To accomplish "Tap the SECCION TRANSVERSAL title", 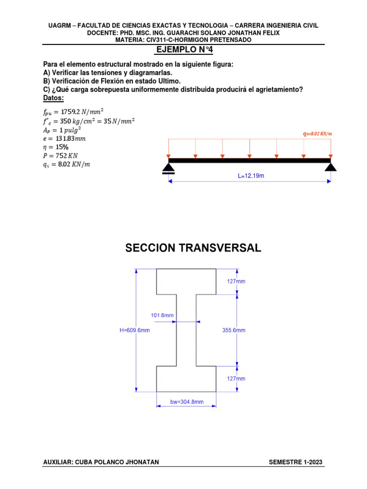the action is click(x=193, y=248).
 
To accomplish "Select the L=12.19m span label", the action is click(x=251, y=176).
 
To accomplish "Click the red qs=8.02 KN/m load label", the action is click(x=317, y=134).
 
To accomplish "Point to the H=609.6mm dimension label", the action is click(x=135, y=330).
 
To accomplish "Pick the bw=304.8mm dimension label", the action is click(x=187, y=402).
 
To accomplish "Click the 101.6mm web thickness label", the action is click(x=162, y=315).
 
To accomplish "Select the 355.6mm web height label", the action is click(x=234, y=330).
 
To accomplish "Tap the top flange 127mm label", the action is click(x=236, y=282).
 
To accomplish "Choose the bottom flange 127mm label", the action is click(x=236, y=378).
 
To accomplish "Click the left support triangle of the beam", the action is click(x=168, y=167).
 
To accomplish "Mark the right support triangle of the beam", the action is click(x=331, y=167).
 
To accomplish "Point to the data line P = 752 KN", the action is click(x=59, y=156).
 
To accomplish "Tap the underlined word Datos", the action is click(x=53, y=98).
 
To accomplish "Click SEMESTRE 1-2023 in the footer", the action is click(x=296, y=462).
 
